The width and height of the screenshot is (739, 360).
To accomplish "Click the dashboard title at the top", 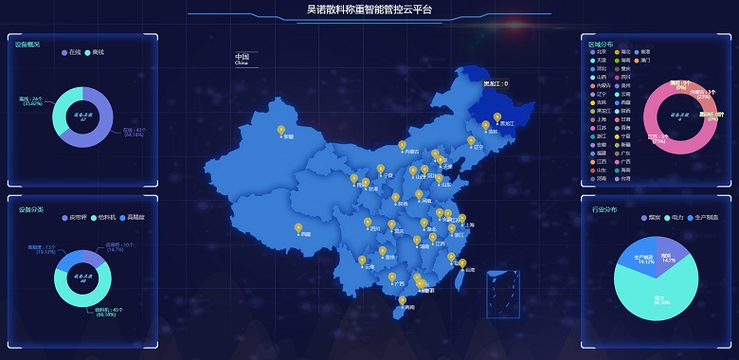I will click(369, 9).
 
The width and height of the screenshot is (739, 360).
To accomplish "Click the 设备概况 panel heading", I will click(27, 45).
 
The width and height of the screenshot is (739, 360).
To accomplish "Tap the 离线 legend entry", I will click(95, 52).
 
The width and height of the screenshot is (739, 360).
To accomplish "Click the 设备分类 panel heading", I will click(29, 209).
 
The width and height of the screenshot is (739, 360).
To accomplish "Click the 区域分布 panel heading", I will click(601, 44).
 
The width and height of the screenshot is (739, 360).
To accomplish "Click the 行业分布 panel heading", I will click(604, 209).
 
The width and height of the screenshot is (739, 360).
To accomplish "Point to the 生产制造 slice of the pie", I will click(640, 258).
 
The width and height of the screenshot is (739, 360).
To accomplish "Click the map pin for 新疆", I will click(280, 131).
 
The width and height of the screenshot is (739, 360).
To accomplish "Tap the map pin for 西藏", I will click(298, 228).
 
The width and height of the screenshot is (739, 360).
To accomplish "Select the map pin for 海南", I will click(403, 301).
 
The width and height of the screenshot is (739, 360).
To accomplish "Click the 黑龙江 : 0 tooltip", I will click(496, 83).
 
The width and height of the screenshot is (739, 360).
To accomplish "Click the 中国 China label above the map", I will click(242, 59).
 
